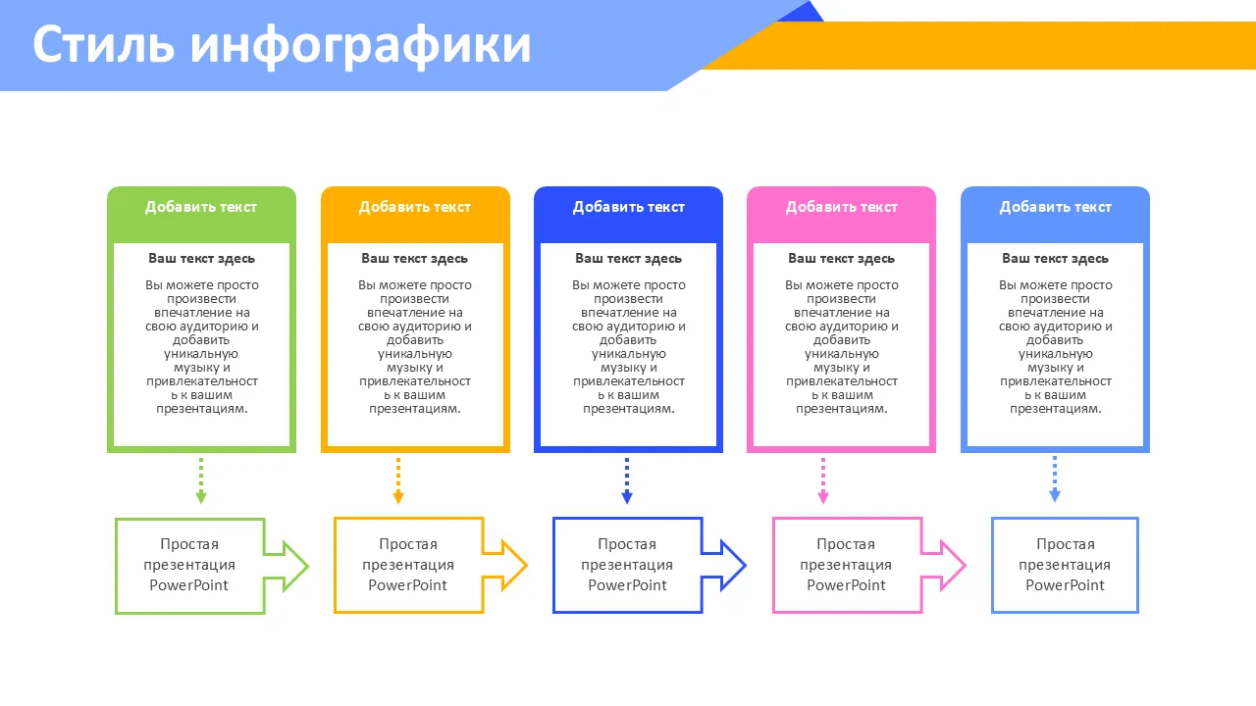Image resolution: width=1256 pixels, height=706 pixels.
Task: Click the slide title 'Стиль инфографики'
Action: click(282, 45)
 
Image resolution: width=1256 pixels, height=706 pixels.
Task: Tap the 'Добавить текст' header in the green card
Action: click(201, 207)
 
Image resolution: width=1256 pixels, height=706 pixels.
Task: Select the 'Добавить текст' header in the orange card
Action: click(415, 207)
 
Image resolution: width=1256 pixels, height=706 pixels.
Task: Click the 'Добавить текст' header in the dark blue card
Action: click(629, 207)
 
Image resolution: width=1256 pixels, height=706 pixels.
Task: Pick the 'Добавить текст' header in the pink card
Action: click(842, 207)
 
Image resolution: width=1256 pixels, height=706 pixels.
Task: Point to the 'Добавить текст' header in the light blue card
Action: click(1056, 207)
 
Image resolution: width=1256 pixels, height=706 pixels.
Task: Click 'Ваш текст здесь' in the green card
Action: click(202, 259)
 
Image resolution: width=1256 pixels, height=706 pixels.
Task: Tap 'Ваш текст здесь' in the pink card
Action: click(842, 259)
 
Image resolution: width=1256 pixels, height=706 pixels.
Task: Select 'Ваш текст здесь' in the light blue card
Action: click(1056, 259)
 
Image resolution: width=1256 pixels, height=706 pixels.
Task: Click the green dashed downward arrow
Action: click(201, 480)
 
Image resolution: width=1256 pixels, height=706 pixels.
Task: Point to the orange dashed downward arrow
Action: click(398, 480)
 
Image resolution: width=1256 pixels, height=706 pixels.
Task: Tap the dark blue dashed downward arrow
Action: click(627, 480)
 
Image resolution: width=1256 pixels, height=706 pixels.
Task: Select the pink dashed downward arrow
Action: click(823, 480)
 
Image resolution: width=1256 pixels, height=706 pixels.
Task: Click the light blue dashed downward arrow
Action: click(1055, 479)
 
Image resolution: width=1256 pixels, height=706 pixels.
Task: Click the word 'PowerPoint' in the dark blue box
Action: click(628, 585)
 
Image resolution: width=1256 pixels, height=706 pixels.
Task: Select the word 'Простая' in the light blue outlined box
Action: click(1066, 544)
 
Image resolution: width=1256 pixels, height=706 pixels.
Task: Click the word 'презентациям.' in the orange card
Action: click(415, 409)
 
